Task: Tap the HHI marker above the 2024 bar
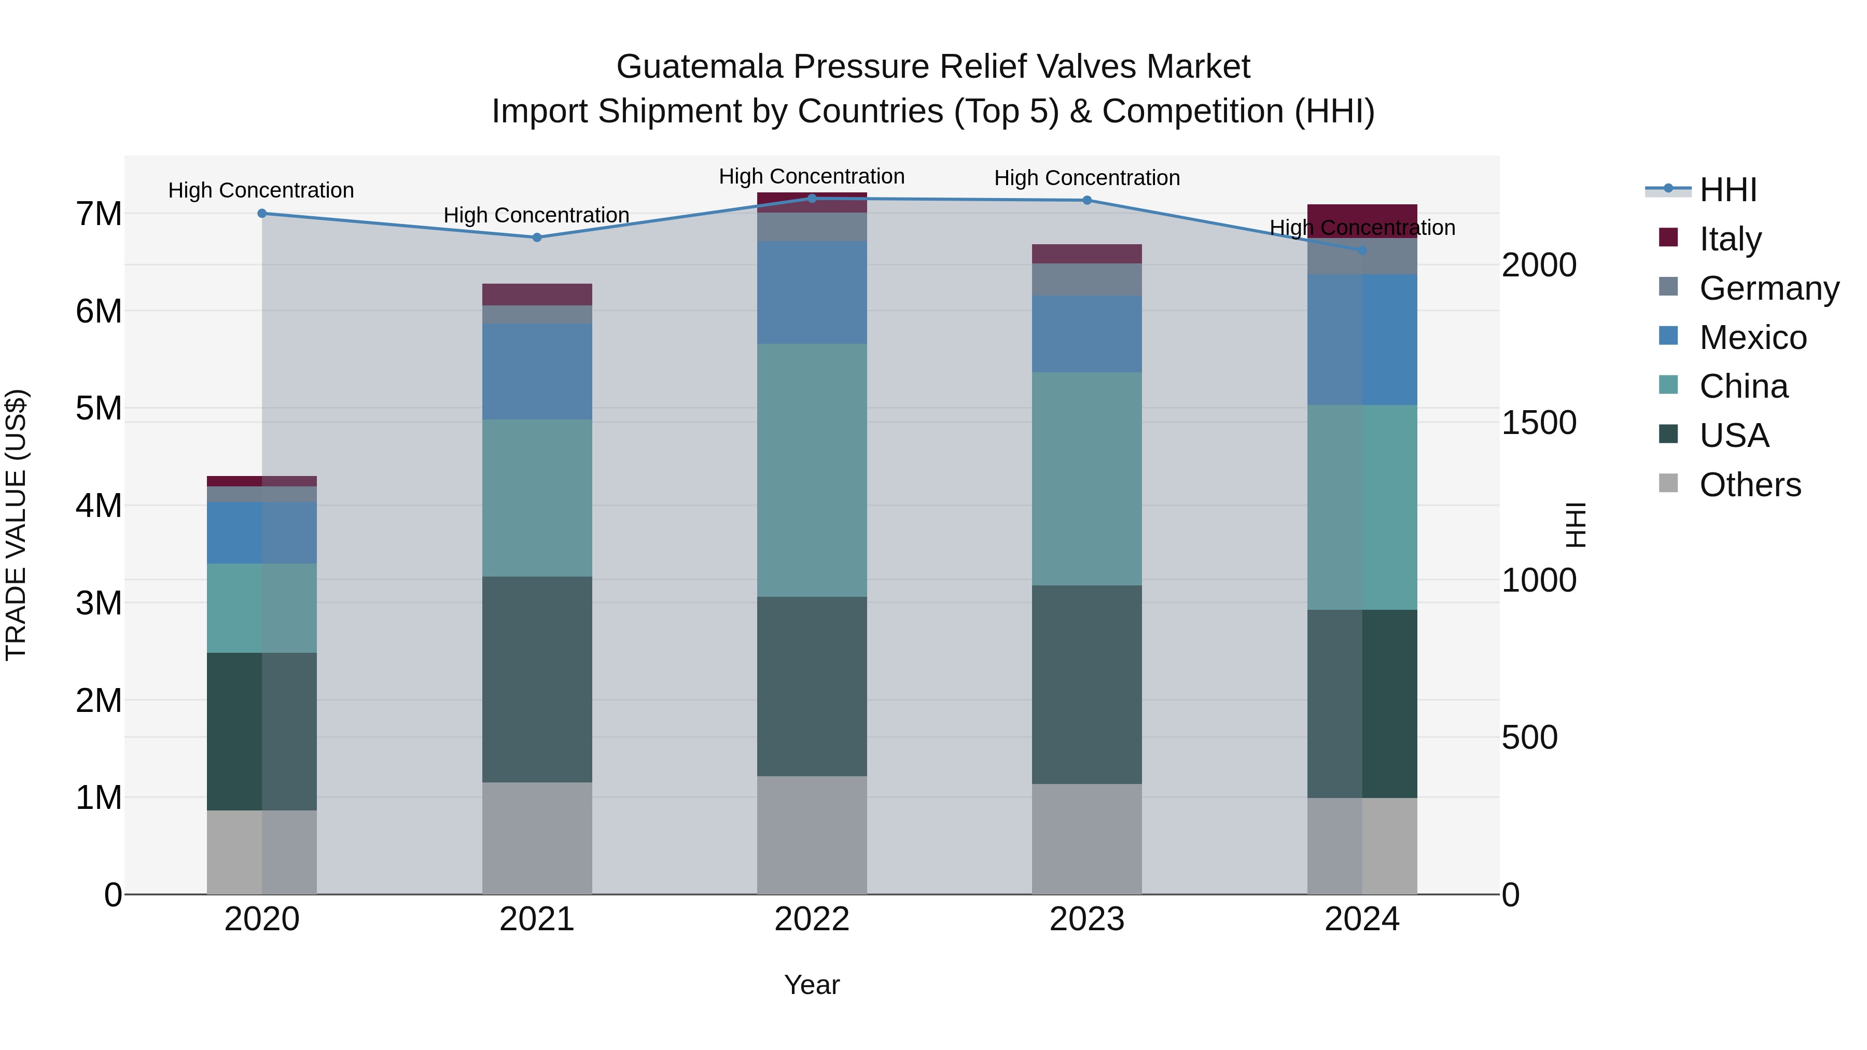pos(1362,250)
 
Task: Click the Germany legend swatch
pos(1668,287)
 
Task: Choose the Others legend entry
pos(1750,485)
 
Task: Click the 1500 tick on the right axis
pos(1539,423)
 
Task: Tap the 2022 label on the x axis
pos(812,919)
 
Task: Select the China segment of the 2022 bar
pos(812,470)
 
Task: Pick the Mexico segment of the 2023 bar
pos(1086,333)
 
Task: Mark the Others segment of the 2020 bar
pos(262,851)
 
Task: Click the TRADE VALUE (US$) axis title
pos(16,525)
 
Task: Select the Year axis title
pos(812,985)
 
